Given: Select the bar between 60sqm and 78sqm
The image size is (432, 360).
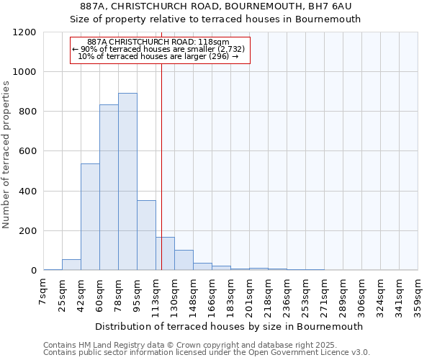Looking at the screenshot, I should (109, 187).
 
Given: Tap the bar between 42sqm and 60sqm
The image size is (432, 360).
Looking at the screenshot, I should (90, 217).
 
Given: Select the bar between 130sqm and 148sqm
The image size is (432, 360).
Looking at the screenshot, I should (184, 260).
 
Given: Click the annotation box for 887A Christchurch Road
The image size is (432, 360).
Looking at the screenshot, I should (159, 50).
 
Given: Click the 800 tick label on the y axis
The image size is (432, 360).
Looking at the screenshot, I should (27, 112).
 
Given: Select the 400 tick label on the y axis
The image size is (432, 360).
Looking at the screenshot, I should (27, 192).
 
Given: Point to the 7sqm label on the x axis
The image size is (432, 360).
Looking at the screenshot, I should (43, 292).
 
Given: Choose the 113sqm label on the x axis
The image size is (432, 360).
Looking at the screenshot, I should (156, 295).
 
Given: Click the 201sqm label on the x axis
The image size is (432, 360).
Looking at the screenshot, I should (249, 295).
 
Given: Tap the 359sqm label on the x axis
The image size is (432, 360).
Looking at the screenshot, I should (418, 295).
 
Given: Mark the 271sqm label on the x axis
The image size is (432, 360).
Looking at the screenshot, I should (324, 295).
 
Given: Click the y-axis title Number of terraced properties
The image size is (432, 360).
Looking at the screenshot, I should (6, 155).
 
